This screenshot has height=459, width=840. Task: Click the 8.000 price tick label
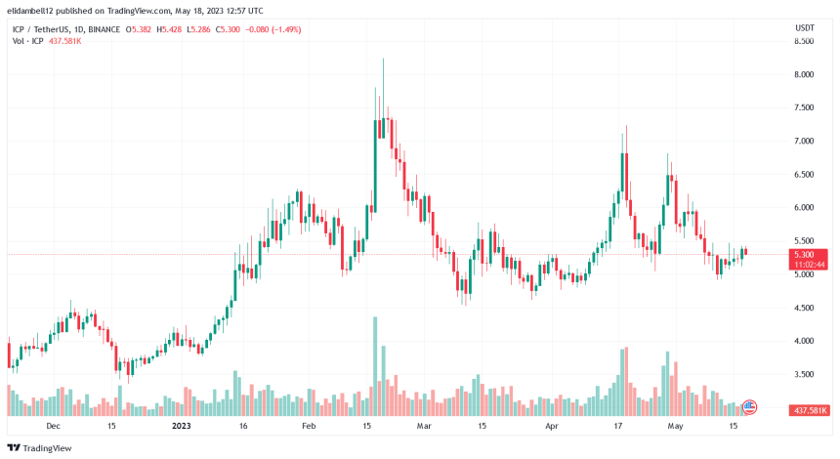click(x=804, y=74)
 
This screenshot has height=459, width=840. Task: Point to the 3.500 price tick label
click(x=804, y=374)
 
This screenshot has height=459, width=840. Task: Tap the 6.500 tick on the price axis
click(x=804, y=175)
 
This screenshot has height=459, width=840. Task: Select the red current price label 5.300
click(x=805, y=255)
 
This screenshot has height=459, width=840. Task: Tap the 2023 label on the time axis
click(x=182, y=427)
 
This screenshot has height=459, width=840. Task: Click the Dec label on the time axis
click(x=53, y=427)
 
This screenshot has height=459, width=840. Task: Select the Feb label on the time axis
click(x=309, y=427)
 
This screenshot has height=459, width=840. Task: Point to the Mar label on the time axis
click(x=423, y=427)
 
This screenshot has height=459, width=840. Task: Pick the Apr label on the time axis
click(x=551, y=427)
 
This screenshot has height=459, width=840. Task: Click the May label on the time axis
click(x=674, y=427)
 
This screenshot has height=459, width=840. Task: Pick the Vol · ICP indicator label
click(x=25, y=42)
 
